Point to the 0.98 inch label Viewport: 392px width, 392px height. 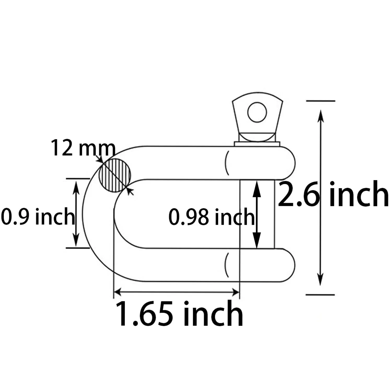pos(211,217)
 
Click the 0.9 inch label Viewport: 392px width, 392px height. pos(38,216)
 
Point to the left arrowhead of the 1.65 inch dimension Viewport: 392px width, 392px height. pos(119,292)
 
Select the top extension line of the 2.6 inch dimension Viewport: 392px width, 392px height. pos(320,101)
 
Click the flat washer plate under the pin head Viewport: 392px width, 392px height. pos(257,144)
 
